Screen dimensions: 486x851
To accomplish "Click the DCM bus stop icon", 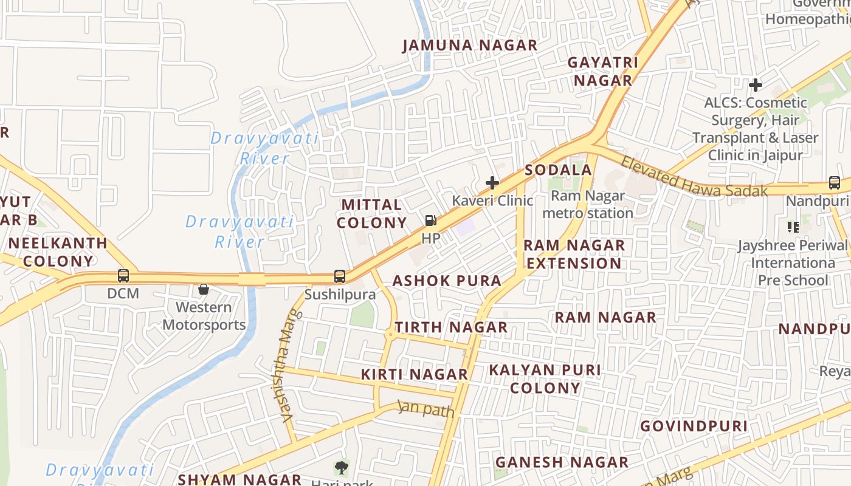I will click(123, 276).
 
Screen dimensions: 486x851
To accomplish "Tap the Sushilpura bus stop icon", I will click(340, 276).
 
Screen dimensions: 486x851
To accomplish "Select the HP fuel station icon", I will click(430, 221).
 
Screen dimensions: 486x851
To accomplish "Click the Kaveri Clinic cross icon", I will click(492, 182).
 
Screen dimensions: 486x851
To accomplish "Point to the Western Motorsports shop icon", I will click(204, 289).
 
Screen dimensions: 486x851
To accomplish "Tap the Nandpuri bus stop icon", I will click(835, 183).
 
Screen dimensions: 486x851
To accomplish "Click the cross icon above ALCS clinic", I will click(756, 84).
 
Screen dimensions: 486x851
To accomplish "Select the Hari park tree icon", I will click(342, 468).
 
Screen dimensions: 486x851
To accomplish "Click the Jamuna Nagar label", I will click(470, 46).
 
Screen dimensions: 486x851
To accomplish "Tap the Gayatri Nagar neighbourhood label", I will click(603, 72).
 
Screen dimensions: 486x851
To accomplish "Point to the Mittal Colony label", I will click(372, 214).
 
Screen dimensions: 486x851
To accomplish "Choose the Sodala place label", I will click(558, 170).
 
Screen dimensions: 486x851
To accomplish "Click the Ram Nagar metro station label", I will click(588, 205).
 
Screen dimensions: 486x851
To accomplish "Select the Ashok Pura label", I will click(447, 281).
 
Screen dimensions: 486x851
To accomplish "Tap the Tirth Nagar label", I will click(451, 327).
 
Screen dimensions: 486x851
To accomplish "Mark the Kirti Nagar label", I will click(415, 374).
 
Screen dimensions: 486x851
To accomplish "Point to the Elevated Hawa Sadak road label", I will click(694, 177).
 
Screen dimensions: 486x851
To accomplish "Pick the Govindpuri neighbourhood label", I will click(694, 426).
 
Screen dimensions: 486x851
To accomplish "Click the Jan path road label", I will click(426, 409).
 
